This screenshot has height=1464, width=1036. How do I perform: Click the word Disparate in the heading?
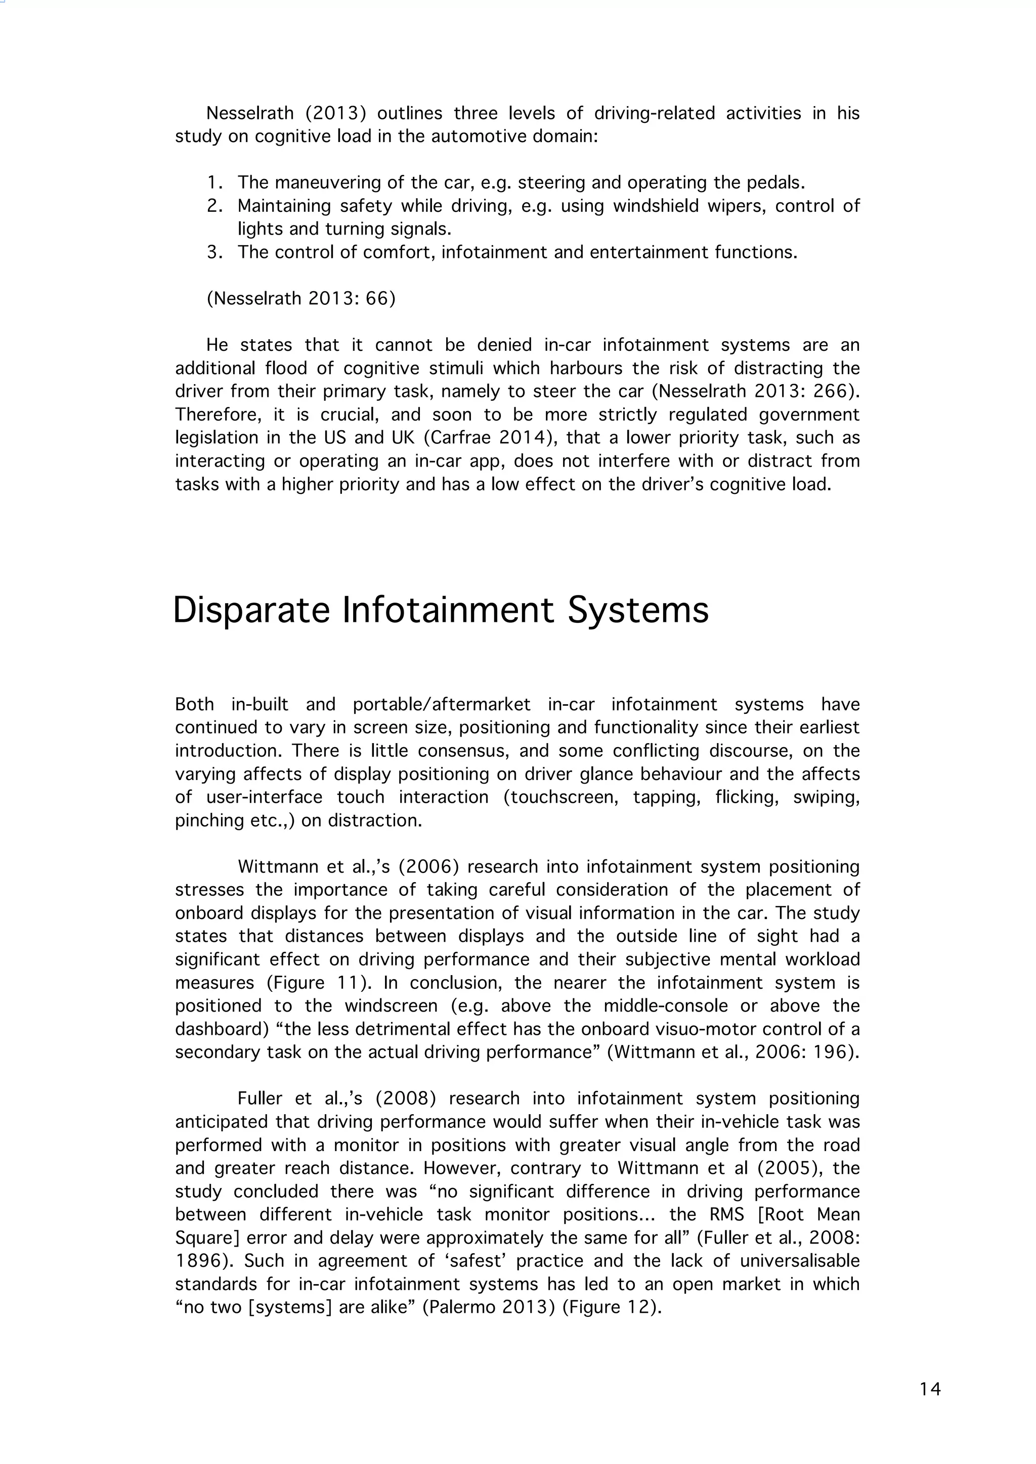(251, 610)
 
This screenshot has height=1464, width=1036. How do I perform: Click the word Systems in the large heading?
(638, 610)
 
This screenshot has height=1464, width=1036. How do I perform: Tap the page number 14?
(930, 1389)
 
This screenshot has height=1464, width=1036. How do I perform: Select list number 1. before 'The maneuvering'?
(215, 183)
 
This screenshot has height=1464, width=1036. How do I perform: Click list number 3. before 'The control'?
(215, 252)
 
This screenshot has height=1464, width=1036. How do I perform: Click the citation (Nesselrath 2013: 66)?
(300, 298)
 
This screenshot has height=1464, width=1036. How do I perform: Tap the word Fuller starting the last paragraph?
(259, 1099)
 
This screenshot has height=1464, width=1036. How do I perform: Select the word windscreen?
(391, 1006)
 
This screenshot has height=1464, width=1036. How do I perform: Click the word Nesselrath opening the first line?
(250, 114)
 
